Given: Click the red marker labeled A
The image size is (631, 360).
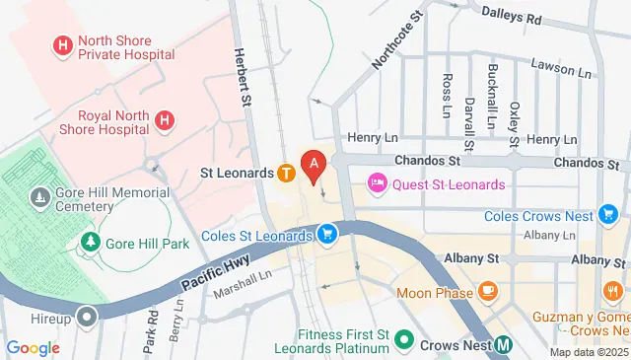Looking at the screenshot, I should point(314,165).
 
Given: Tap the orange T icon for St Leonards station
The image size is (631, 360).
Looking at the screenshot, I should point(285,174).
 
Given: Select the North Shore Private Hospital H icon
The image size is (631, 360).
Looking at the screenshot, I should point(64,44).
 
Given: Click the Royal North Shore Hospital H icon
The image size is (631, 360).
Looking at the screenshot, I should point(166,120).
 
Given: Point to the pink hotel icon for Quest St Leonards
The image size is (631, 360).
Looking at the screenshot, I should point(377,183).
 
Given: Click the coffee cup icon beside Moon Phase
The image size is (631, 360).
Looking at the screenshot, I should point(487,292).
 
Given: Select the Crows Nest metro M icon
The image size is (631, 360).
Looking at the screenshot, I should point(503,344).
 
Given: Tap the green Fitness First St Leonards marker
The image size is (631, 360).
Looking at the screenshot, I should point(403,339).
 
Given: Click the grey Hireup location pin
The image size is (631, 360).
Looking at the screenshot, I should point(88,318).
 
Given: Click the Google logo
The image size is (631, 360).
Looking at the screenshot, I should point(33,347).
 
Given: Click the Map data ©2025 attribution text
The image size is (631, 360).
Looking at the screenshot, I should point(588,352).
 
